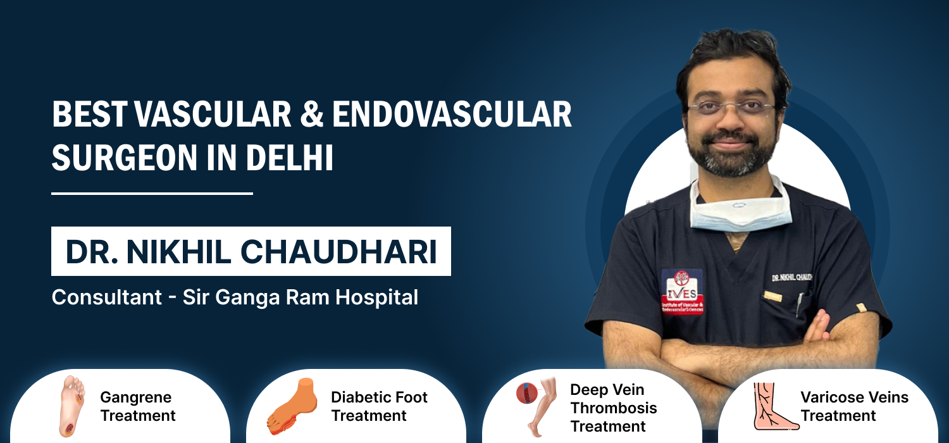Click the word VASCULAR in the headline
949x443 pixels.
tap(213, 114)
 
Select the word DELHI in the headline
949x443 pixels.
tap(289, 158)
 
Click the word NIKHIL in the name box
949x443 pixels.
tap(178, 253)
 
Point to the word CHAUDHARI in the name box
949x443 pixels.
tap(338, 253)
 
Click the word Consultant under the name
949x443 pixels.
tap(107, 297)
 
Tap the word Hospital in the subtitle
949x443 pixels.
tap(376, 297)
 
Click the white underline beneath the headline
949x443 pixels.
tap(152, 193)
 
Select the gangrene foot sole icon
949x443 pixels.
tap(73, 406)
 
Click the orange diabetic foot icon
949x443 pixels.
tap(292, 406)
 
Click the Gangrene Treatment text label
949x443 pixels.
tap(138, 406)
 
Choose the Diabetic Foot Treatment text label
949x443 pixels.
tap(379, 406)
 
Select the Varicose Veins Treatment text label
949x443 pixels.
tap(855, 406)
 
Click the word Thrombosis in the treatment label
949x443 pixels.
tap(614, 408)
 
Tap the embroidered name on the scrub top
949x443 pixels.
tap(791, 278)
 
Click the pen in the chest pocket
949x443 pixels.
tap(800, 305)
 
